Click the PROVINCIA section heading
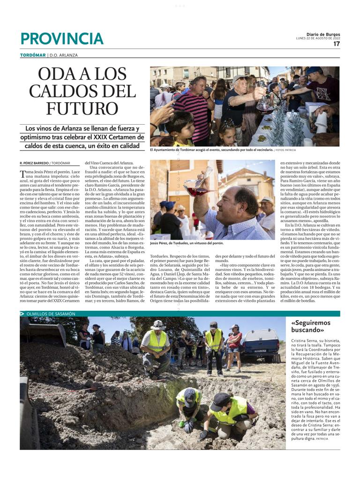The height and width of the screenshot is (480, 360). (x=61, y=38)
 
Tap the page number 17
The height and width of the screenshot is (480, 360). (x=337, y=44)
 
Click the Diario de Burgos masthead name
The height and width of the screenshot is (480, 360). (x=323, y=34)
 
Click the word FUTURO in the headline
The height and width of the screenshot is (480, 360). (x=82, y=108)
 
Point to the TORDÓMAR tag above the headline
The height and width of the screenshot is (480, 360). (x=33, y=55)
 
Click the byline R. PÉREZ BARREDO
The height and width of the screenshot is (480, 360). (x=34, y=163)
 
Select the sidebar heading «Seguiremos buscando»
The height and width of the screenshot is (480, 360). (x=310, y=327)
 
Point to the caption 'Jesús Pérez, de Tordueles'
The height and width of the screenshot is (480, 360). (x=187, y=244)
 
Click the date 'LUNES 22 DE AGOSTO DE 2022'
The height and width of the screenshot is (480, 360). (x=317, y=38)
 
